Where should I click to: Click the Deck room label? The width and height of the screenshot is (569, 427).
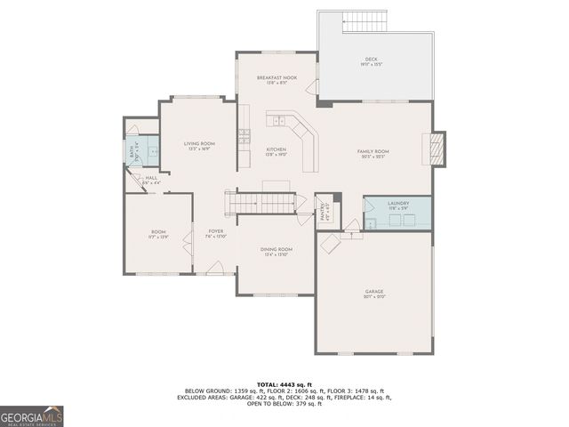click(371, 60)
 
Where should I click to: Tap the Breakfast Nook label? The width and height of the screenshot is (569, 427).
click(276, 78)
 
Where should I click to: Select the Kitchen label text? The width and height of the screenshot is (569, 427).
click(276, 149)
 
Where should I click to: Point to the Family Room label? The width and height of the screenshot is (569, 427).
click(373, 152)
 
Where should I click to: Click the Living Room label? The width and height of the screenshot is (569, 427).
click(199, 143)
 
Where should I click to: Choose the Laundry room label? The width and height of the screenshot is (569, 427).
click(398, 204)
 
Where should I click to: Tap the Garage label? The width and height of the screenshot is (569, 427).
click(373, 292)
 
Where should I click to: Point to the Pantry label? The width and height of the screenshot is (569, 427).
click(325, 212)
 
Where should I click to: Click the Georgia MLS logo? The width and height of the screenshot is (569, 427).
click(32, 415)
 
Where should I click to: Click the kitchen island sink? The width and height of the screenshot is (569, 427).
click(279, 120)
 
